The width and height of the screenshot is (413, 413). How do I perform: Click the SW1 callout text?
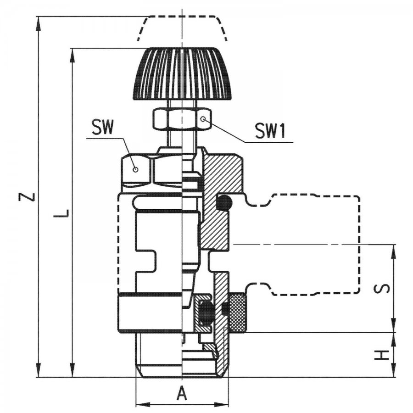pos(270,131)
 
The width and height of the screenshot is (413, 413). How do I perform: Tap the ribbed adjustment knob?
pos(182,74)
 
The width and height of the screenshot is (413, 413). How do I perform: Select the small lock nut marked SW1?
pos(182,119)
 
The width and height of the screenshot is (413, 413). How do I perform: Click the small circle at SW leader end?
pos(135,170)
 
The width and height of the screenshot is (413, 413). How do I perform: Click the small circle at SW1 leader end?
pos(202,119)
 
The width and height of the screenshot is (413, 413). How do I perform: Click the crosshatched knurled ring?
pos(238,313)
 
